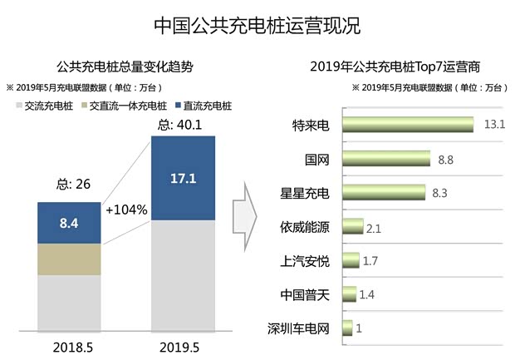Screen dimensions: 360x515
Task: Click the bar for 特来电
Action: [x=407, y=125]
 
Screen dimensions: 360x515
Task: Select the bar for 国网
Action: [x=385, y=159]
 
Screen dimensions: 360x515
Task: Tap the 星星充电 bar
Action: [x=383, y=193]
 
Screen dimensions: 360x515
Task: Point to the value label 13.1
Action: [x=495, y=126]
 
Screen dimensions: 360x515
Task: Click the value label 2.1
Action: [x=373, y=228]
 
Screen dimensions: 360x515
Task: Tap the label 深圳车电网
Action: [x=299, y=328]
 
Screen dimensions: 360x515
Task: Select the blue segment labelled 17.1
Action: [x=183, y=178]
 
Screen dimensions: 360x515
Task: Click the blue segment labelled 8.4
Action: [x=70, y=223]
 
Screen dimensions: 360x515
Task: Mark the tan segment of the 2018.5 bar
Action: [x=70, y=259]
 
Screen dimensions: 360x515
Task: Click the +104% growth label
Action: [x=126, y=209]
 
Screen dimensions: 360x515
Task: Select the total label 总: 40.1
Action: [x=182, y=125]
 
